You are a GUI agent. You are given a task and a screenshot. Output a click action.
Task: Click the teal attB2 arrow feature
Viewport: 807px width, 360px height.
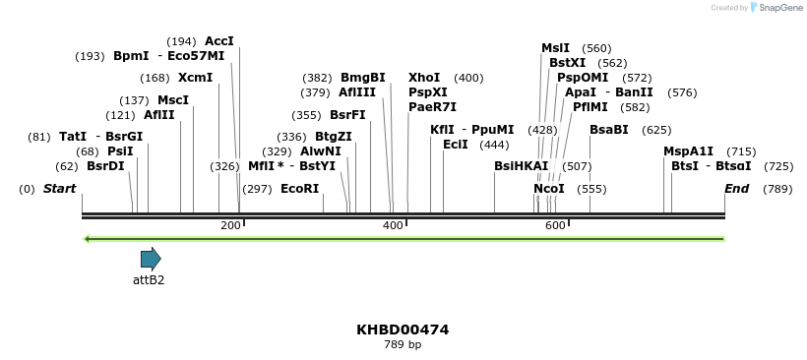pos(151,259)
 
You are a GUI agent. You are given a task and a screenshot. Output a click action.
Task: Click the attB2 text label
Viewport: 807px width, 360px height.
pos(149,280)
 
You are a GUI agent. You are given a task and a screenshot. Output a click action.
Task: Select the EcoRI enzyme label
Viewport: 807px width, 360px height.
pos(300,189)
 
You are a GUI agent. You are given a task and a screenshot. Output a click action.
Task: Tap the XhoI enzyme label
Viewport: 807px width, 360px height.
pos(424,78)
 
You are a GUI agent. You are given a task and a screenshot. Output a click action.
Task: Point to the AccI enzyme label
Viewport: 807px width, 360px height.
pos(219,41)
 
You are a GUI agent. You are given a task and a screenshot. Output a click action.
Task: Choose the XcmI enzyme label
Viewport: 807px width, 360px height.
pos(195,78)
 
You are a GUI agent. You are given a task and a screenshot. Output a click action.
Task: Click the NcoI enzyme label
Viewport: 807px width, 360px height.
pos(549,189)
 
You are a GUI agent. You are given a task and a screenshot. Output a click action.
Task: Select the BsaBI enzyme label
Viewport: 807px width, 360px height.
pos(609,130)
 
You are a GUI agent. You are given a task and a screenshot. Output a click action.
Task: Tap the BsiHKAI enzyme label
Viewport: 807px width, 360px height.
pos(522,166)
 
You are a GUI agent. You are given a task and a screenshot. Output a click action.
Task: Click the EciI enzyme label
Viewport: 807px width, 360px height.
pos(456,145)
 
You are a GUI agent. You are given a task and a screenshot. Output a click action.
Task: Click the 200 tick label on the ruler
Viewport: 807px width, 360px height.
pos(230,226)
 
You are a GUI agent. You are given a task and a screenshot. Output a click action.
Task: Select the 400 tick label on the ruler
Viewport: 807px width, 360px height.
pos(393,226)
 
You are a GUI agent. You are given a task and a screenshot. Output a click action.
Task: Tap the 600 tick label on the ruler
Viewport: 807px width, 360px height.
pos(555,226)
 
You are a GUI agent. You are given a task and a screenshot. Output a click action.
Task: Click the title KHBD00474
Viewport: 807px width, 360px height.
pos(403,330)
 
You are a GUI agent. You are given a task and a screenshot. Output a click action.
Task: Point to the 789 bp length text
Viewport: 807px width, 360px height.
pos(403,345)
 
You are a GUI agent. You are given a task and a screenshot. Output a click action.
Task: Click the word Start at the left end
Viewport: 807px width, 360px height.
pos(59,189)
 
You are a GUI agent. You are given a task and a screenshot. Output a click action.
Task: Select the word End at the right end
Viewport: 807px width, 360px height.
pos(736,189)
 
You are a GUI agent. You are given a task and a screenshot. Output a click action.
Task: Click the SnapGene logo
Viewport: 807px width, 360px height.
pos(776,8)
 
